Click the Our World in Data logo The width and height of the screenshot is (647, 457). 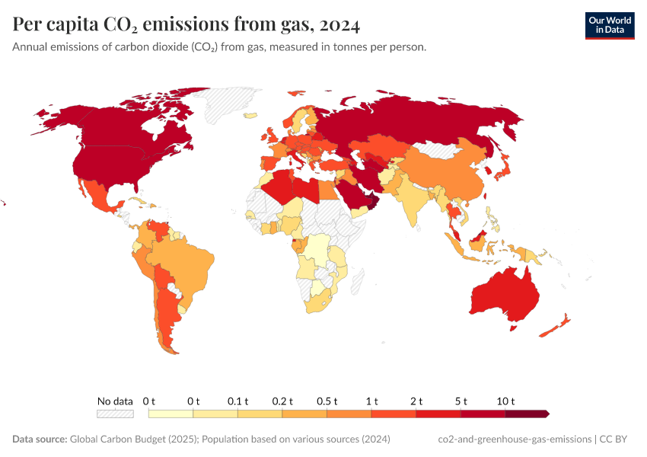pyautogui.click(x=609, y=25)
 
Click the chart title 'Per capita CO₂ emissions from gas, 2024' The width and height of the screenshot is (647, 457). pyautogui.click(x=186, y=25)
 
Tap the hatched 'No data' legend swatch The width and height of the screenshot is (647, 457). pyautogui.click(x=115, y=414)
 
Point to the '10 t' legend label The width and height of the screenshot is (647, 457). pyautogui.click(x=506, y=401)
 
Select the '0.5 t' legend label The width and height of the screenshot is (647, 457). pyautogui.click(x=327, y=401)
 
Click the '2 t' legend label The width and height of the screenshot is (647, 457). pyautogui.click(x=416, y=401)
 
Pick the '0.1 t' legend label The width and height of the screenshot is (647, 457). pyautogui.click(x=238, y=401)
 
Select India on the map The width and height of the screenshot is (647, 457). pyautogui.click(x=416, y=198)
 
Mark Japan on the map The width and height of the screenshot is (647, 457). pyautogui.click(x=504, y=174)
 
